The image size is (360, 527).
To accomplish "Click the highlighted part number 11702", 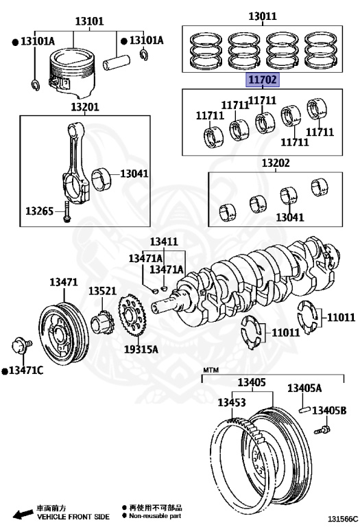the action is [x=263, y=80].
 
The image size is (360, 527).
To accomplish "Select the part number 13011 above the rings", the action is [x=263, y=16].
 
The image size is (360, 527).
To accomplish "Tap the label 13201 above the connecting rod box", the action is [x=85, y=107].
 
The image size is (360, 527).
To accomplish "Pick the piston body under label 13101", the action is [x=71, y=71].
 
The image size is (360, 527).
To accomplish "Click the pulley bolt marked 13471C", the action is [x=21, y=346].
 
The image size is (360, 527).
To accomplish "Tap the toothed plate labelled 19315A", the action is [x=131, y=315].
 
